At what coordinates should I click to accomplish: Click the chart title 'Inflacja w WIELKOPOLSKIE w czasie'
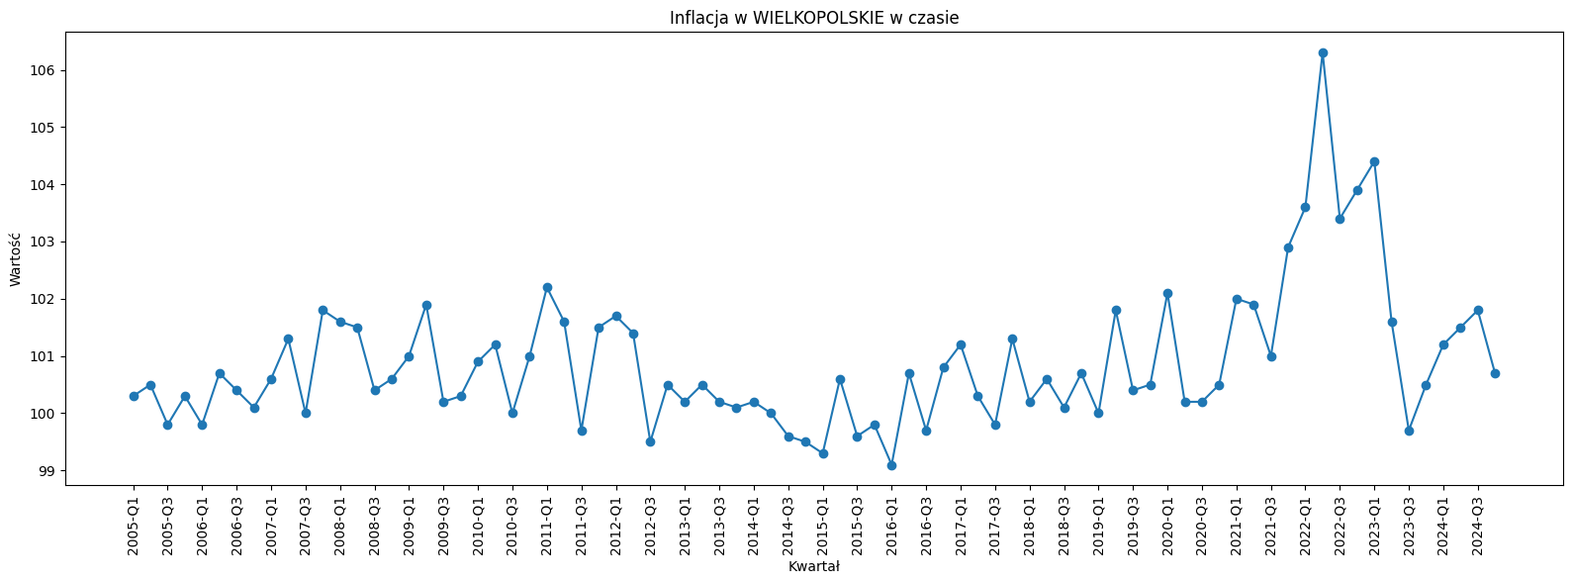click(813, 18)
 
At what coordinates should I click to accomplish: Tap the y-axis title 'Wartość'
click(15, 258)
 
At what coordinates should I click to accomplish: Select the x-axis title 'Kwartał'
click(813, 567)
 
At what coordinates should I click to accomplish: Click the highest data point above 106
click(1323, 52)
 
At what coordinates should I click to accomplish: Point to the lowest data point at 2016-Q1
click(891, 465)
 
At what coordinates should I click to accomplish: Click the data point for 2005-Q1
click(134, 396)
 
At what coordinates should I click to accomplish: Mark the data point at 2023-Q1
click(1374, 161)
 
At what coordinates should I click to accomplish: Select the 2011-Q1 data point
click(547, 287)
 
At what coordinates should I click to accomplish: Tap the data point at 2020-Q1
click(1167, 293)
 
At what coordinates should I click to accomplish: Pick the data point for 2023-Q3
click(1409, 431)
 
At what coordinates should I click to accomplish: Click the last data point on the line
click(1495, 373)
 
